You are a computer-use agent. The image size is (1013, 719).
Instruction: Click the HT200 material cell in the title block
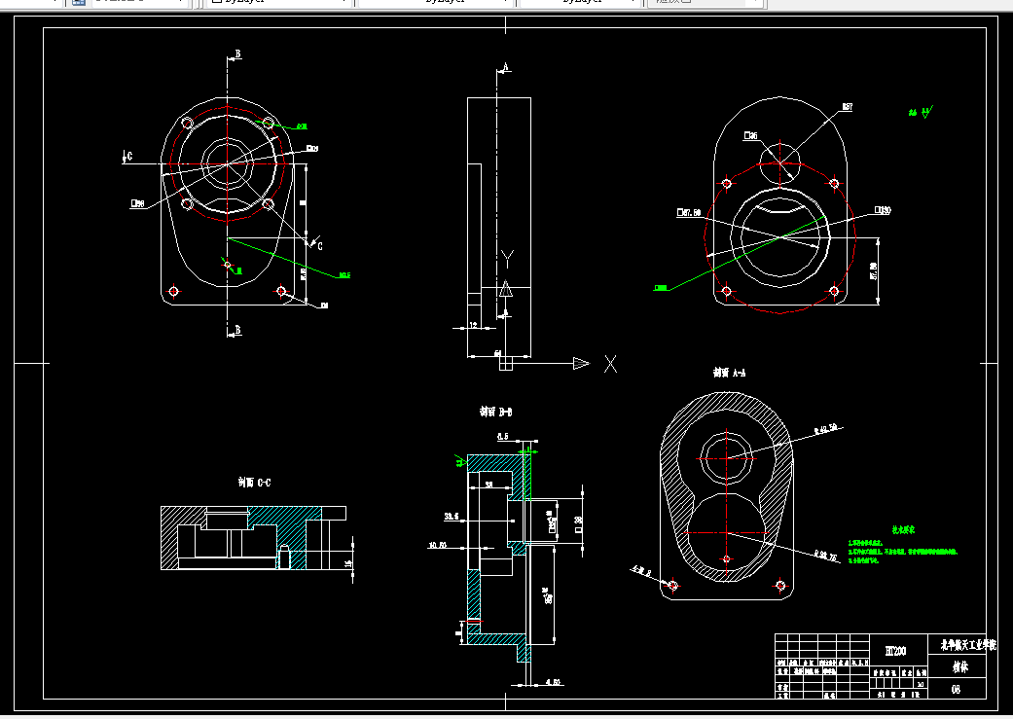click(895, 650)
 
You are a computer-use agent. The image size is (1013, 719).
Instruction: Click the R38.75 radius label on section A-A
click(825, 555)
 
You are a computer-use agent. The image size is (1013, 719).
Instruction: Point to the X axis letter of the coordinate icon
click(611, 364)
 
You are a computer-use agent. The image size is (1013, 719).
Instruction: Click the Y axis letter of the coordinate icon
click(506, 258)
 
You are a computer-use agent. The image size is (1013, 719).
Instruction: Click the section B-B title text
click(495, 413)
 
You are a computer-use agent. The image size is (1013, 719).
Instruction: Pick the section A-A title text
click(729, 372)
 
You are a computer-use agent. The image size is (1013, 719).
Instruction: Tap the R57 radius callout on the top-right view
click(847, 107)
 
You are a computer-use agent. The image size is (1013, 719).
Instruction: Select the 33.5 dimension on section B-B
click(451, 516)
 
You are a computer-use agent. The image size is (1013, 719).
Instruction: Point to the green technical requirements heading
click(903, 530)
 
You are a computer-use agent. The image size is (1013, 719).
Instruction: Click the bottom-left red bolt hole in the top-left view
click(174, 291)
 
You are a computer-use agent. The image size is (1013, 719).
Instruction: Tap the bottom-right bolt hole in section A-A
click(779, 585)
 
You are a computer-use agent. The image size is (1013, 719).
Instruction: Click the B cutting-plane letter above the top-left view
click(236, 54)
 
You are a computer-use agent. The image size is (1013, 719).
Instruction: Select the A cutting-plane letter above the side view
click(505, 67)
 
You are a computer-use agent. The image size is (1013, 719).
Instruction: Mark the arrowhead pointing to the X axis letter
click(581, 364)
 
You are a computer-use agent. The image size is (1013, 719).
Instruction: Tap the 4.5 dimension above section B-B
click(503, 437)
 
